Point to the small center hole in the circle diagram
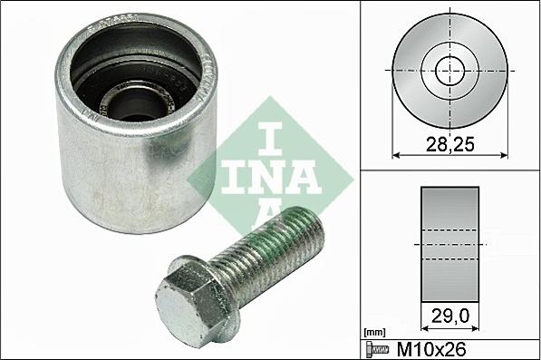tap(448, 70)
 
